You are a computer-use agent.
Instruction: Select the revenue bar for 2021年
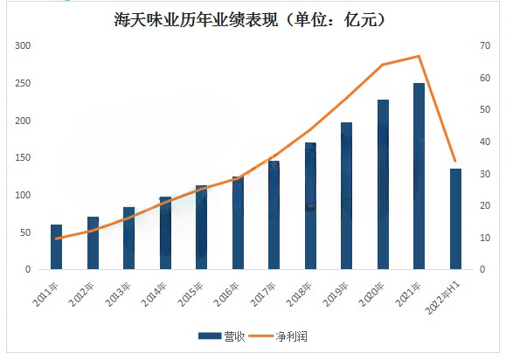tap(419, 177)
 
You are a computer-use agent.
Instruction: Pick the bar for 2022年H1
tap(455, 219)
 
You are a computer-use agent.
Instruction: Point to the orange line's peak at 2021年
tap(419, 56)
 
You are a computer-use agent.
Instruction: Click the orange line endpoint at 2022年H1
tap(455, 162)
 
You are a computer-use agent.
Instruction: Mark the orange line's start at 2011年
tap(57, 239)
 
